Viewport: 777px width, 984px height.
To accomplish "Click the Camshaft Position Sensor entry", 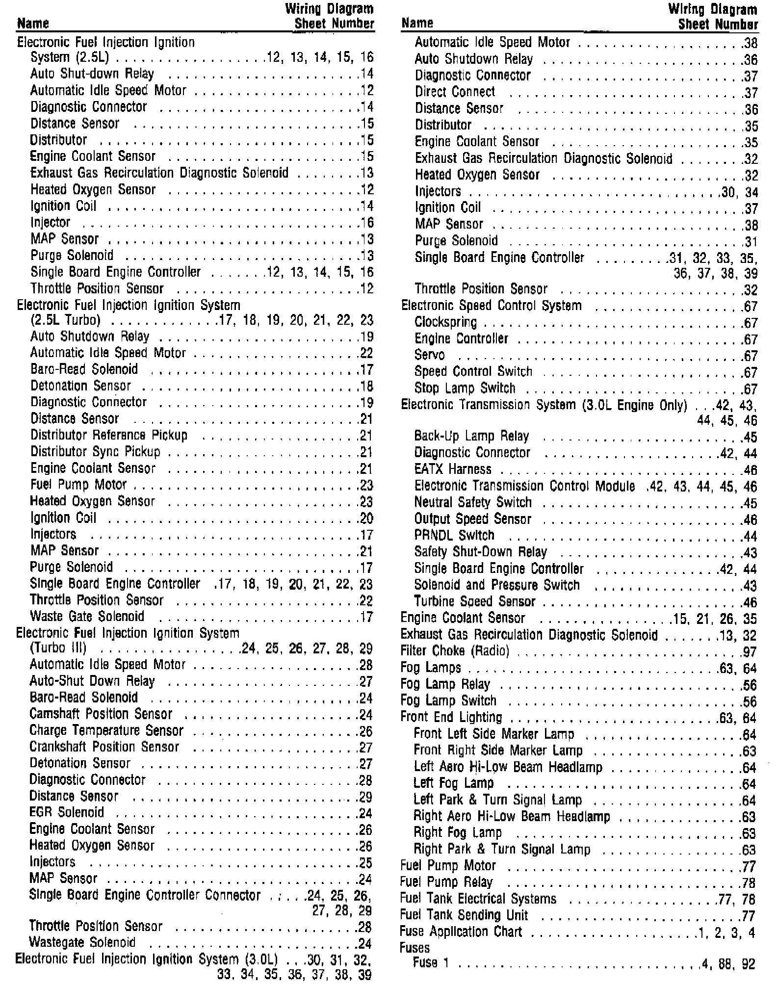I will (x=101, y=714).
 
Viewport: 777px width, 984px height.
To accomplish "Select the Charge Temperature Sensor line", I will (x=106, y=731).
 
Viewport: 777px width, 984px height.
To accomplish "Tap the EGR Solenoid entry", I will (x=67, y=813).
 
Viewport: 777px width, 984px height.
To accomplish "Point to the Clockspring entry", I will (x=445, y=322).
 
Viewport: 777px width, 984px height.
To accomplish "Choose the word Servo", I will (x=429, y=355).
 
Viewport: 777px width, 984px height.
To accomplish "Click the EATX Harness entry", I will (x=452, y=469).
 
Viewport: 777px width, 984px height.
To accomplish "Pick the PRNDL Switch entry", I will (x=454, y=535).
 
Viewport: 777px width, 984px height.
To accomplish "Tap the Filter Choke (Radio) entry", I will (x=455, y=651).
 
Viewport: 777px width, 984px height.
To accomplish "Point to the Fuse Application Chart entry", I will (x=461, y=932).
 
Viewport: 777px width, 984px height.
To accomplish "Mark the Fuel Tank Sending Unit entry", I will (x=464, y=915).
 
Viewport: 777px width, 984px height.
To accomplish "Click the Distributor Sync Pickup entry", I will (x=95, y=452).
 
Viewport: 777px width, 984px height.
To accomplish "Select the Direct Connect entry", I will (x=455, y=92).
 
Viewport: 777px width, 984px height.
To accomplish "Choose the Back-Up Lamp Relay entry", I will (x=471, y=436).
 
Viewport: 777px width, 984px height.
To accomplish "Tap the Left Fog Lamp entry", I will (x=453, y=783).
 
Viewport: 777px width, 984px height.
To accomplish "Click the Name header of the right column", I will (x=417, y=23).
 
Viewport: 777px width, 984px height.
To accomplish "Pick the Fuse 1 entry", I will (x=431, y=963).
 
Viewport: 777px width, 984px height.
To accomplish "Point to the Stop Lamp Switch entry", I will (x=465, y=388).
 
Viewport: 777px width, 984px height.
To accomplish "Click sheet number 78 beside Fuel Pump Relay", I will (x=749, y=883).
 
